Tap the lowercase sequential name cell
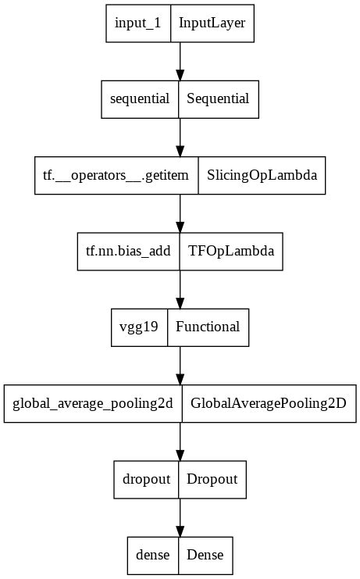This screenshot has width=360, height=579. coord(141,99)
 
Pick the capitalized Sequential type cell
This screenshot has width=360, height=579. coord(219,99)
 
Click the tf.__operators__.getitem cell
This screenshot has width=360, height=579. coord(116,175)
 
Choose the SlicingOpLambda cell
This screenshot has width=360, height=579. coord(262,175)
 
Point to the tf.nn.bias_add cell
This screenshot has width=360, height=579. coord(128,251)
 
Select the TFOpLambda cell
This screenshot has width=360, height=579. coord(230,251)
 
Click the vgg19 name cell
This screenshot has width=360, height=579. coord(140,327)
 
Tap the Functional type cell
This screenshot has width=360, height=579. coord(208,327)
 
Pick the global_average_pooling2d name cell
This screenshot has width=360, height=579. coord(93,403)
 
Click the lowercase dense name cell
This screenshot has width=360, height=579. coord(153,555)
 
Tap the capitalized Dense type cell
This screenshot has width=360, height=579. coord(205,555)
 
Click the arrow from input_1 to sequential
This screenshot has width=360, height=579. coord(180,61)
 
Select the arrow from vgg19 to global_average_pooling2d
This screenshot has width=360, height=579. coord(180,365)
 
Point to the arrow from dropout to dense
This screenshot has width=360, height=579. coord(180,516)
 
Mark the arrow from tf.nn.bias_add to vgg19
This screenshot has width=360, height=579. coord(180,289)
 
